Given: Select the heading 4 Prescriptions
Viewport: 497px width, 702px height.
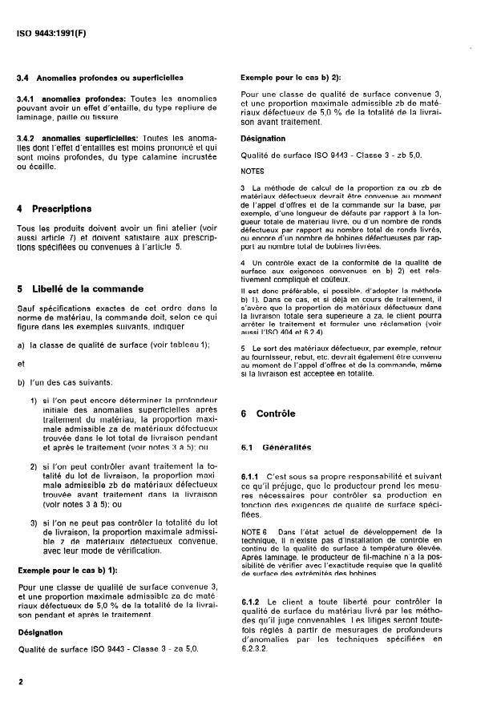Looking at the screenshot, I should [x=55, y=208].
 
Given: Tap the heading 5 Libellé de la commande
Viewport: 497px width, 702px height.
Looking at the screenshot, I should [x=80, y=288].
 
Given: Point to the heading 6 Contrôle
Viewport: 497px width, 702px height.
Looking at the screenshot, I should [x=269, y=414].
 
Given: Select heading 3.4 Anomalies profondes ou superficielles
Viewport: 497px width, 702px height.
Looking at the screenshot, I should [x=100, y=78].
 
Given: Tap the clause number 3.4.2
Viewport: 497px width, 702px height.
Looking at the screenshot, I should [x=29, y=138].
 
